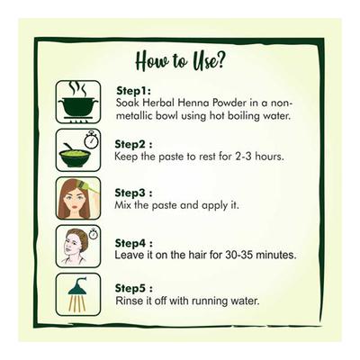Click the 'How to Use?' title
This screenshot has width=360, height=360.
tap(180, 60)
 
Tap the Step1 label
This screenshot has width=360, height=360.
tap(133, 91)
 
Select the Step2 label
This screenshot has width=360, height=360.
tap(133, 144)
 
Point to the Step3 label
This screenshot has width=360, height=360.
tap(133, 193)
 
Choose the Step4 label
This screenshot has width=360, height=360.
tap(133, 243)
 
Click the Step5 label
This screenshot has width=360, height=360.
tap(134, 288)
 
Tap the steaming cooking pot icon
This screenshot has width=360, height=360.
tap(78, 102)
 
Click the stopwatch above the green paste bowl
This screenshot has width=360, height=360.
tap(91, 140)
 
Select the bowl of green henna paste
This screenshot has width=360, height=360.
tap(75, 156)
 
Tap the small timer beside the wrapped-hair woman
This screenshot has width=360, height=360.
tap(94, 234)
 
